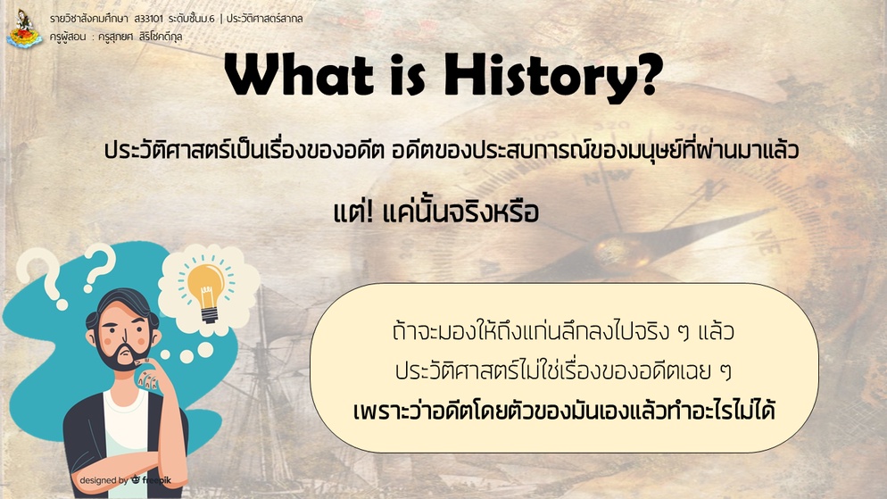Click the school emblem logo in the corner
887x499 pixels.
point(24,29)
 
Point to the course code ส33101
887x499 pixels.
point(149,19)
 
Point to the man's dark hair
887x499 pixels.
point(120,305)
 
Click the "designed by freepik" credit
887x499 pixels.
point(125,480)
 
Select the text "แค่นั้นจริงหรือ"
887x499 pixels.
point(460,212)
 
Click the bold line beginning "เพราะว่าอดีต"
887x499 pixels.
point(563,410)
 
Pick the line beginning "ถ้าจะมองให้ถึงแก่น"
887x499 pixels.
point(563,331)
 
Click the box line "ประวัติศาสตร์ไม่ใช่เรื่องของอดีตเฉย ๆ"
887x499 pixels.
point(563,370)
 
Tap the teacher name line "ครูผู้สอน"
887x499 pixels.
point(116,37)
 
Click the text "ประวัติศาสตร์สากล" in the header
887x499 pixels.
point(264,19)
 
